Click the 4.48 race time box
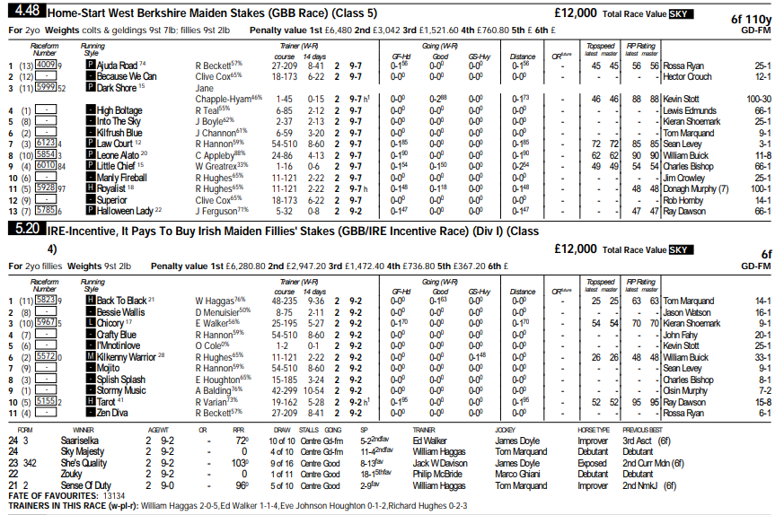pos(28,13)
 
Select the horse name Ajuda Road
pos(118,65)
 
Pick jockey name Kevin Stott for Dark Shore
pos(683,99)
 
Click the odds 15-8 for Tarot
pos(762,403)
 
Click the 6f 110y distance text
pos(751,17)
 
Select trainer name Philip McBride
pos(437,474)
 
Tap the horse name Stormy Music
pos(121,391)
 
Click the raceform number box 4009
pos(48,65)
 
